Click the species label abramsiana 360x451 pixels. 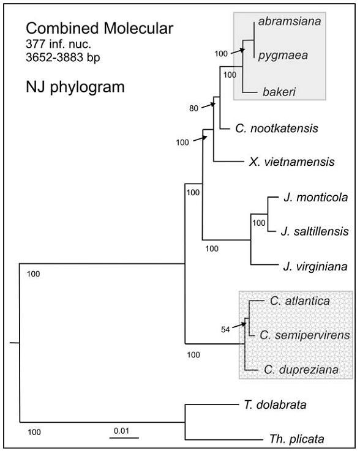point(290,21)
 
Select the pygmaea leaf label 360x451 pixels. point(283,55)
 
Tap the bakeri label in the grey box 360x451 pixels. point(279,92)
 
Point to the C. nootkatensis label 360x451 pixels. point(277,129)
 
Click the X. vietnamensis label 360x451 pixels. point(292,162)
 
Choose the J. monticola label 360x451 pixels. point(316,198)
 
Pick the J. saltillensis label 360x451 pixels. point(315,231)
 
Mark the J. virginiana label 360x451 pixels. point(315,267)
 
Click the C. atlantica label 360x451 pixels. point(300,301)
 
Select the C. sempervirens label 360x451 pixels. point(305,335)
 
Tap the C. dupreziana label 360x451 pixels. point(301,370)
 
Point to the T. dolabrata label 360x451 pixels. point(275,405)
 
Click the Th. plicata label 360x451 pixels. point(297,439)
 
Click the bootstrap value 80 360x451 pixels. point(193,108)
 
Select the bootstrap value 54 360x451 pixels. point(225,330)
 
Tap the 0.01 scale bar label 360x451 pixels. point(121,431)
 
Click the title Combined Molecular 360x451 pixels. point(100,28)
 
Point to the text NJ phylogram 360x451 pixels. point(75,86)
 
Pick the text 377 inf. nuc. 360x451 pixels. point(58,44)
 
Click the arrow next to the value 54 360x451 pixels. point(239,325)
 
